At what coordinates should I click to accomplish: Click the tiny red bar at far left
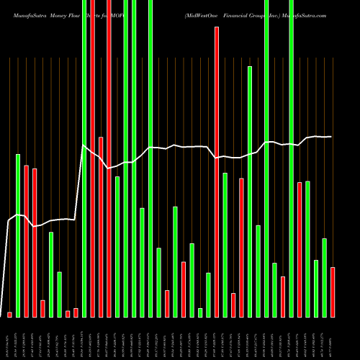coord(10,314)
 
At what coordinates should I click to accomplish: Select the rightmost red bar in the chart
coord(333,292)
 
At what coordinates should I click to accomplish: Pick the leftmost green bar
coord(18,235)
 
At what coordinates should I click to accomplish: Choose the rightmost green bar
coord(325,277)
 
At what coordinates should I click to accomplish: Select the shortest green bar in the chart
coord(200,312)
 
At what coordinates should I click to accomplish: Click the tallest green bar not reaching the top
coord(250,192)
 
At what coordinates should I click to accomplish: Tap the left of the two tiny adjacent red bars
coord(68,313)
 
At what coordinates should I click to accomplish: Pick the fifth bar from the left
coord(42,308)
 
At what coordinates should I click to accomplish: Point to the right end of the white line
coord(331,136)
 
